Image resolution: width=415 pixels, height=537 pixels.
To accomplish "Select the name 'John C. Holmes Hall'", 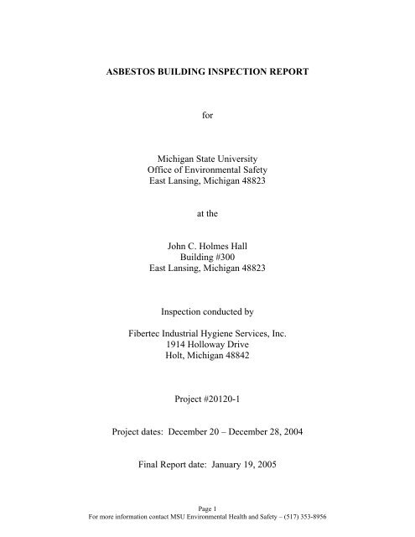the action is point(208,257).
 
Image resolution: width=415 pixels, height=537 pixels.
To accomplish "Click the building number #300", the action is point(226,270).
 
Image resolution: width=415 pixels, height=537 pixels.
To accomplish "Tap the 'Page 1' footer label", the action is point(208,521).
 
